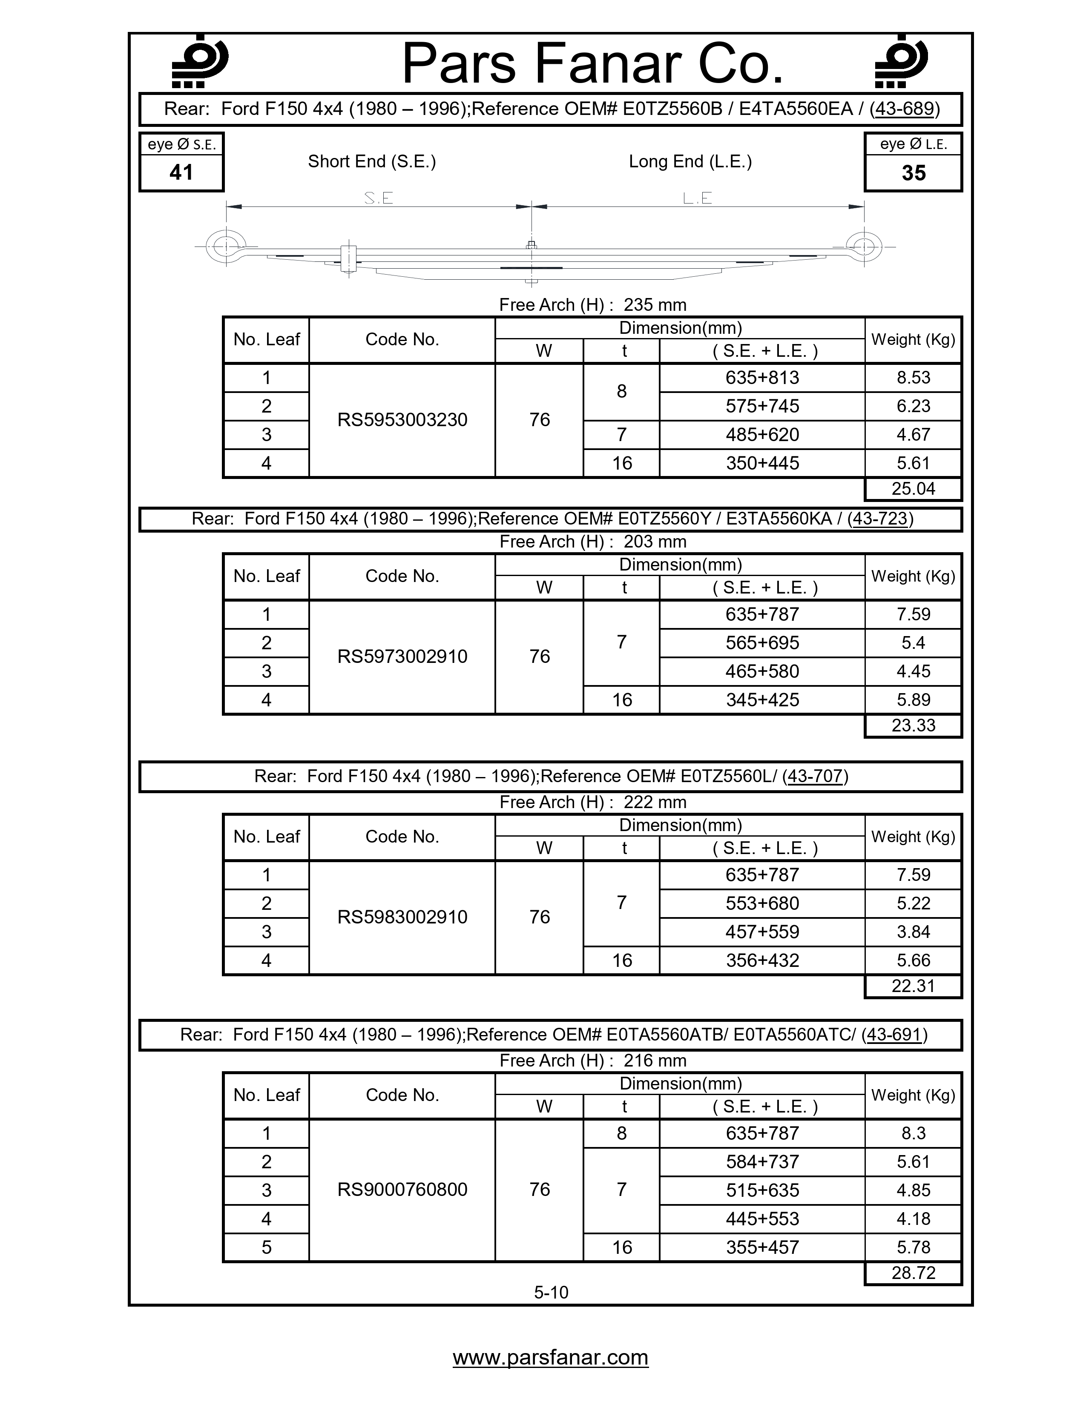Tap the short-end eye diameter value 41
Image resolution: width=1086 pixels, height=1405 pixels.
point(181,172)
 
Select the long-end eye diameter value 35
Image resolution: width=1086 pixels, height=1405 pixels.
point(913,173)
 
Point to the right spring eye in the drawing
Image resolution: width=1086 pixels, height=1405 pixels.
point(863,247)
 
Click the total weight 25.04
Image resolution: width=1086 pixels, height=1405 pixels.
point(913,489)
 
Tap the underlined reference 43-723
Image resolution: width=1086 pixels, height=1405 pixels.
point(879,519)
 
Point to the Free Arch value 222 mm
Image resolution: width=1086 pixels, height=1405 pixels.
point(655,802)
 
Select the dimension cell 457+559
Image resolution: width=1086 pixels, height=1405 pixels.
point(762,932)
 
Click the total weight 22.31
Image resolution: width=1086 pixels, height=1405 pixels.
point(913,986)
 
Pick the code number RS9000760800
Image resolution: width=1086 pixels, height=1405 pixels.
point(402,1190)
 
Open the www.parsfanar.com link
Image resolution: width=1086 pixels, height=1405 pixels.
point(550,1357)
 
